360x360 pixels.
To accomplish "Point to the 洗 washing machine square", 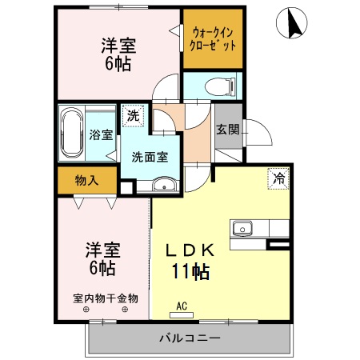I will point(133,116).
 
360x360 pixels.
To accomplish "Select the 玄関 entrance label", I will point(226,130).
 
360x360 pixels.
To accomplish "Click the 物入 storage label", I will point(86,180).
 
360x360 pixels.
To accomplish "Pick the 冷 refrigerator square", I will point(278,178).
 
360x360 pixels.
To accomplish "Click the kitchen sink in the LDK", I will point(242,228).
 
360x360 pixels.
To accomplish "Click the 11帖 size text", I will point(190,271).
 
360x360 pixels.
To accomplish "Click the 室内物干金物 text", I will point(106,298).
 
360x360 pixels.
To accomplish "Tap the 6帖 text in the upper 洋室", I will point(117,62).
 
